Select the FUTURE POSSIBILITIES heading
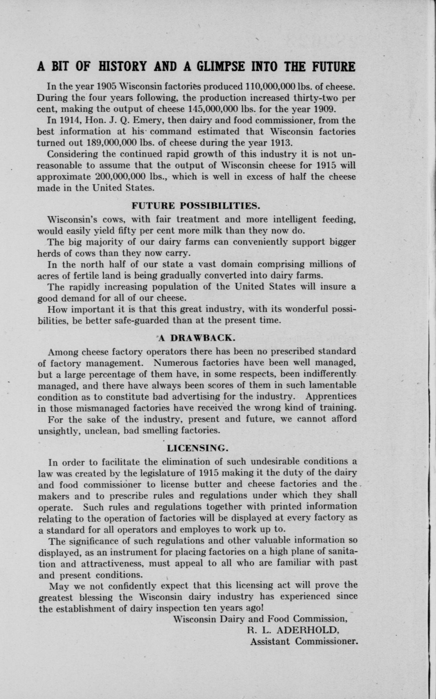coord(196,206)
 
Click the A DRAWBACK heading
coord(197,338)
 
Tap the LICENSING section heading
coord(198,448)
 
